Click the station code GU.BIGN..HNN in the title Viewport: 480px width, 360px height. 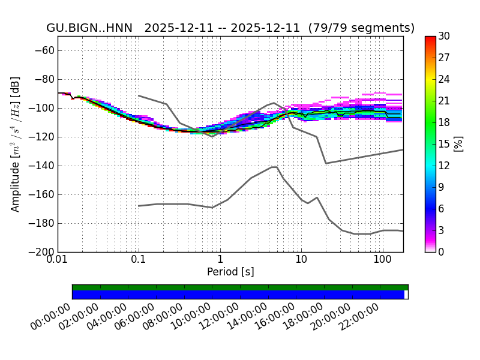[x=92, y=28]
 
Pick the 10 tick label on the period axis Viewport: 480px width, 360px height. [x=301, y=259]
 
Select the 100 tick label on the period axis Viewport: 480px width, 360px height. [x=382, y=259]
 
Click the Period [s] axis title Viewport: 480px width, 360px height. [x=230, y=272]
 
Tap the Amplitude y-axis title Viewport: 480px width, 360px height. [x=16, y=144]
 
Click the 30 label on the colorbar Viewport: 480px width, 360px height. [x=444, y=37]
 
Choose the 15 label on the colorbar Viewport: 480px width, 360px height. [x=444, y=144]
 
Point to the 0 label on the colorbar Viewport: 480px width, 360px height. [x=442, y=252]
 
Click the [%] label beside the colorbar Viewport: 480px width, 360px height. [x=458, y=144]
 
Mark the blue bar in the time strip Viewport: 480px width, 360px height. [x=238, y=295]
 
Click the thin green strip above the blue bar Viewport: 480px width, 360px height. [x=240, y=287]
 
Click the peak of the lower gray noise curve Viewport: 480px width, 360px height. [x=274, y=167]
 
